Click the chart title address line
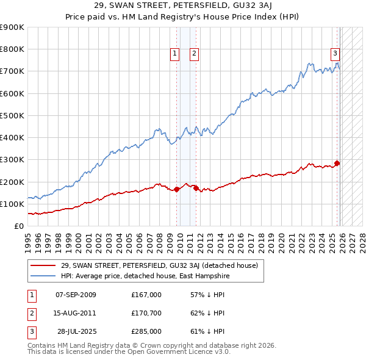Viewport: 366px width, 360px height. [183, 5]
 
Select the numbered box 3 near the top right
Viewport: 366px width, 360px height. [335, 53]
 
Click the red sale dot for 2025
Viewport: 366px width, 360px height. [337, 163]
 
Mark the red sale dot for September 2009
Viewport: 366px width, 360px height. [176, 189]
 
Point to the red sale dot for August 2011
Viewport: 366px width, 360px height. [196, 188]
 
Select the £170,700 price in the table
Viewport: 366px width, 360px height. [146, 313]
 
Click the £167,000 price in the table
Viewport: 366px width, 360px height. [146, 295]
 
